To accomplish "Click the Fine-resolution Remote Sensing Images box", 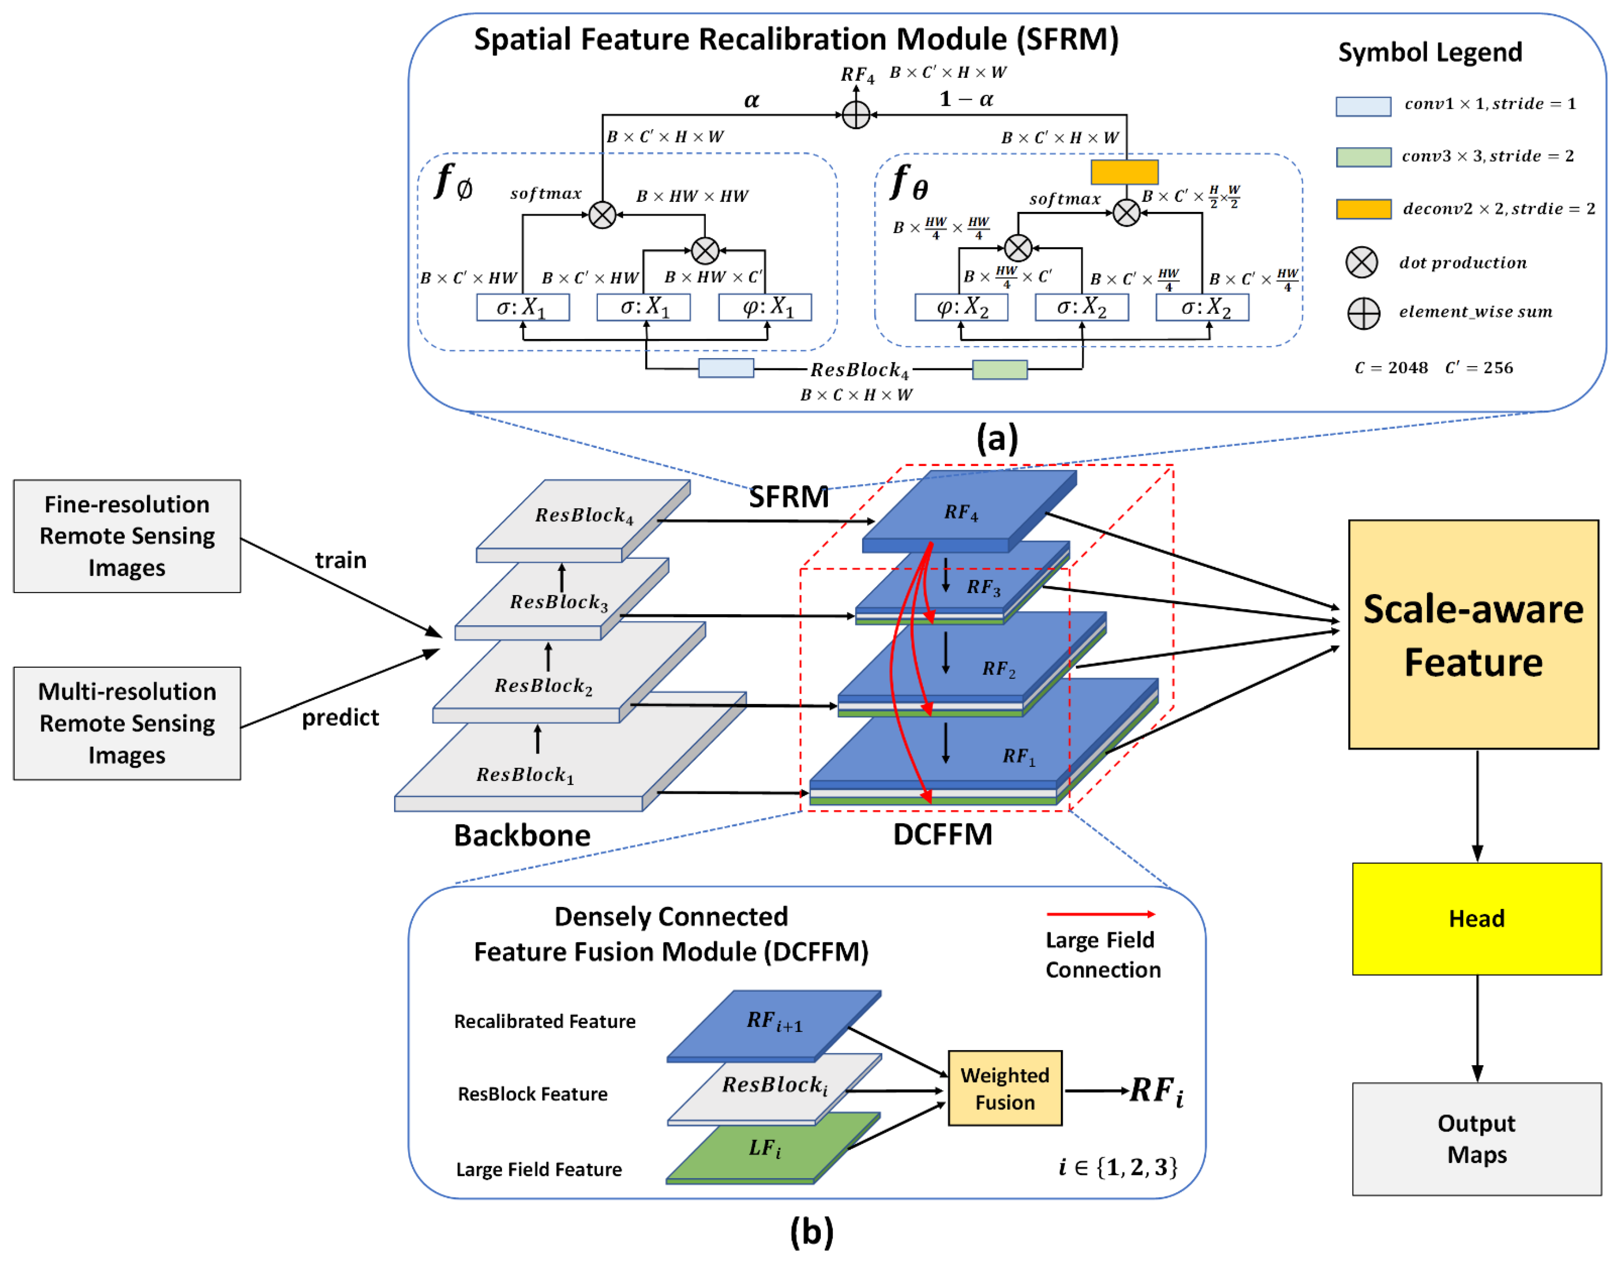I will pos(127,536).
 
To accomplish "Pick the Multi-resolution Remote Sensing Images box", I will pos(127,723).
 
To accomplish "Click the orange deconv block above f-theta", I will pos(1124,172).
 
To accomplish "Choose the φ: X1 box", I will pos(765,307).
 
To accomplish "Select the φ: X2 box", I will pos(961,307).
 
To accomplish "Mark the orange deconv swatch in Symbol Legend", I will pos(1363,209).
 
